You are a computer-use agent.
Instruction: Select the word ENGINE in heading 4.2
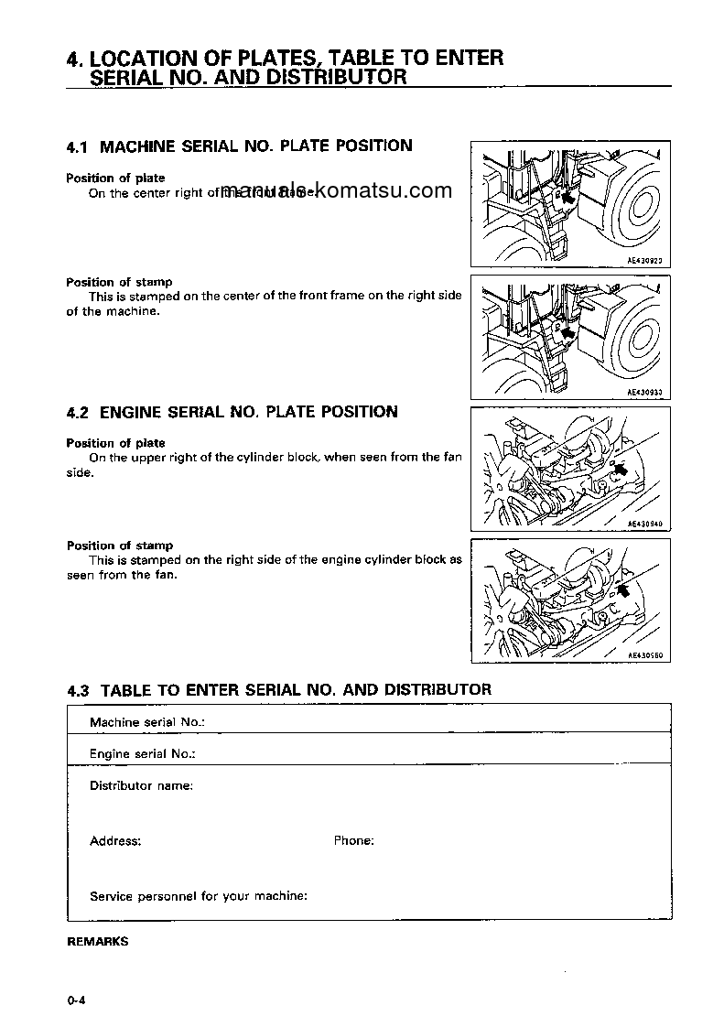(157, 412)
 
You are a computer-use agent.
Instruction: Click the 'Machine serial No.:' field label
(146, 722)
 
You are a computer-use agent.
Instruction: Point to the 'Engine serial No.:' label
(144, 754)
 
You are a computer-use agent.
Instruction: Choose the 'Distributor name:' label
(141, 785)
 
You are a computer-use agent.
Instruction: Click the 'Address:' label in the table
(115, 840)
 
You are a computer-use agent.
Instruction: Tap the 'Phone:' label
(353, 840)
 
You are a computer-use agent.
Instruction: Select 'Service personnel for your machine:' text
(198, 896)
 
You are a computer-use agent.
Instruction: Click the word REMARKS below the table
(98, 941)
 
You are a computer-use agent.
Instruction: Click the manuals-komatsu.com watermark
(336, 191)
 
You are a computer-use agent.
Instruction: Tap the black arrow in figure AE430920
(567, 195)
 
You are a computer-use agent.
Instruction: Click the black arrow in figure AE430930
(567, 334)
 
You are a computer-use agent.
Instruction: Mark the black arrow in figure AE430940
(621, 469)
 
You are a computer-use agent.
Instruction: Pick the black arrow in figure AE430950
(624, 590)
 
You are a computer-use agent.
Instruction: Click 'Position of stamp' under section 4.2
(120, 546)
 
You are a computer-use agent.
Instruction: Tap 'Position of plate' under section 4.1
(115, 178)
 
